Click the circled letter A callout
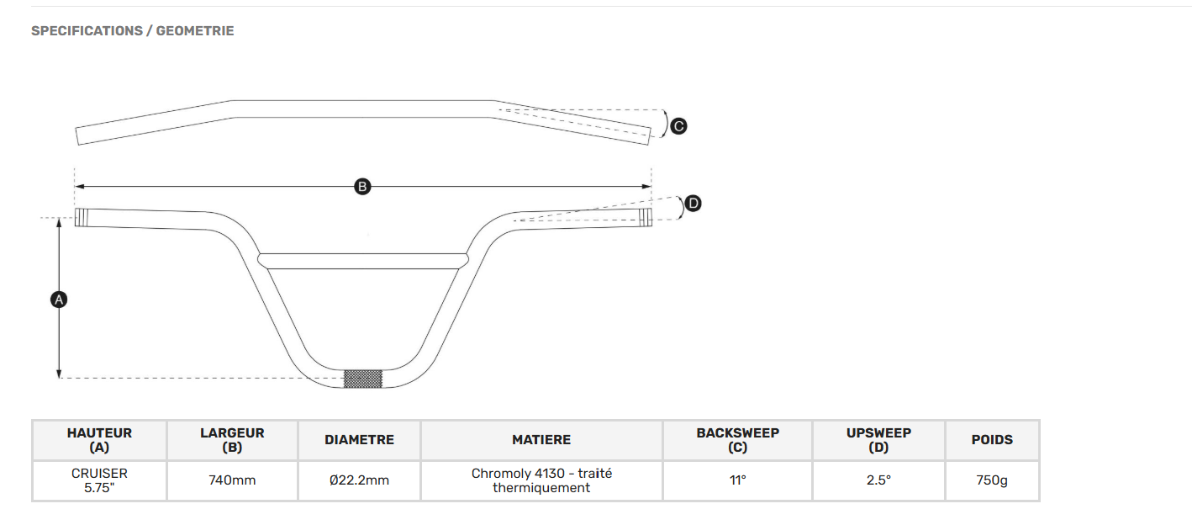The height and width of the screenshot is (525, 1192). (x=59, y=300)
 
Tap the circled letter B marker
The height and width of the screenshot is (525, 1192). (x=362, y=187)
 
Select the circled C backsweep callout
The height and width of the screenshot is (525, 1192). (x=678, y=126)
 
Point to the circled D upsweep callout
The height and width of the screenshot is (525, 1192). (x=693, y=204)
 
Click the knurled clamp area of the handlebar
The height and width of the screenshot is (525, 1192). (x=363, y=379)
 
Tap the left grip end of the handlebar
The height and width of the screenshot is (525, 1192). (x=82, y=218)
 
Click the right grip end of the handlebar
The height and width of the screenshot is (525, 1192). (x=646, y=217)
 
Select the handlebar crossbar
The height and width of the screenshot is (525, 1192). (x=363, y=261)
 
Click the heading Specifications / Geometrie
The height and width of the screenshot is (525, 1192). (x=133, y=31)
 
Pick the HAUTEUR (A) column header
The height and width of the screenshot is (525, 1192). (x=99, y=440)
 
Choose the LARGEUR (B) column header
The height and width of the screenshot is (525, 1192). (x=232, y=440)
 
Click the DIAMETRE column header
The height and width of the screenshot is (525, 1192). (x=359, y=440)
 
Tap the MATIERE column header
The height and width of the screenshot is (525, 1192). (x=541, y=440)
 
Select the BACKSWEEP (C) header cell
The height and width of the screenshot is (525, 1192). (x=737, y=440)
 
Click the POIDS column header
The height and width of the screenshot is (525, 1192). (x=992, y=440)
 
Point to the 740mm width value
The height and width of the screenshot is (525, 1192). (x=232, y=480)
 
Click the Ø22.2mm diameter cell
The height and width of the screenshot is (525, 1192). (x=359, y=480)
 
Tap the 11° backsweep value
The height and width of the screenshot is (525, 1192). (x=737, y=480)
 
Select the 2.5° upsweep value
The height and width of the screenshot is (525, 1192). (x=878, y=480)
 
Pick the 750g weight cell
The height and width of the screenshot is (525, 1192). (x=992, y=480)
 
